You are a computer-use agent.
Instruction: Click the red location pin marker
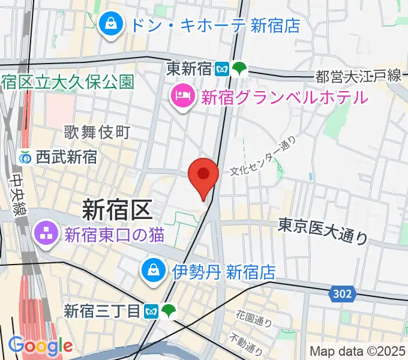click(203, 176)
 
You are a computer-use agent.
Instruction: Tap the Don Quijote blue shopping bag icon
click(111, 25)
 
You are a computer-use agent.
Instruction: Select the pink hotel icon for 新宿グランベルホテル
click(181, 95)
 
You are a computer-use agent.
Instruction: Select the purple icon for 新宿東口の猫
click(46, 233)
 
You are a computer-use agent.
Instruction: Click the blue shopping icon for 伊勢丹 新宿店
click(153, 271)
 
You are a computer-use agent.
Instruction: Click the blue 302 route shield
click(342, 294)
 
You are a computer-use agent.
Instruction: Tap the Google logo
click(40, 346)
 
